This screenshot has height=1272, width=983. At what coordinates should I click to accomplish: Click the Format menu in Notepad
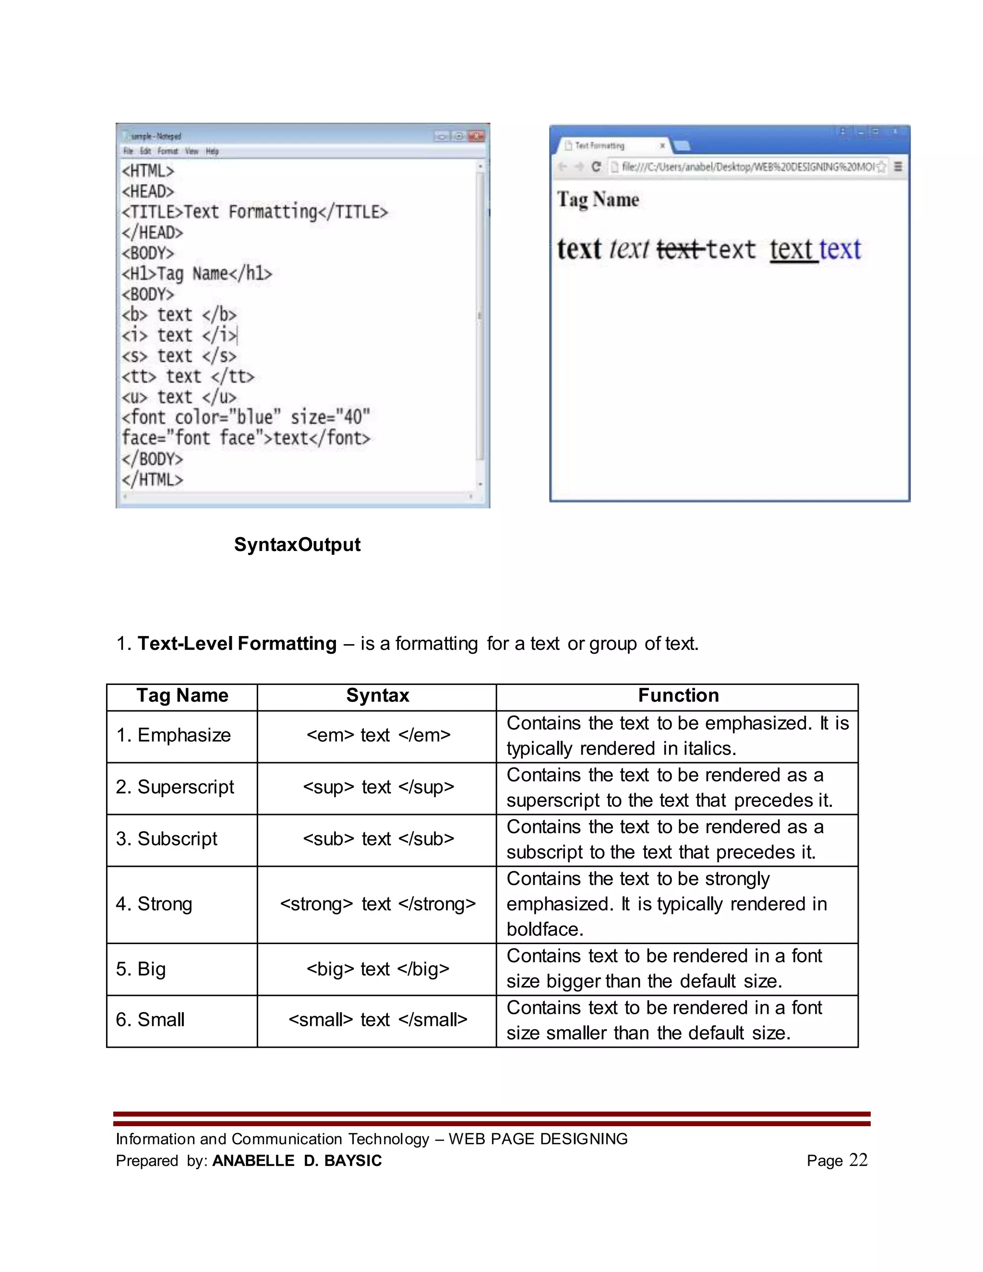[x=167, y=151]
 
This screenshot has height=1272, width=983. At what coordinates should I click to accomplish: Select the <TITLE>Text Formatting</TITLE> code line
[x=254, y=212]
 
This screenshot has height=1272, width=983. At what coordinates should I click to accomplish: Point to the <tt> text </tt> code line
[x=188, y=377]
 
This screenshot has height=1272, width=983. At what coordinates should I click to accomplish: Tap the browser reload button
[x=596, y=167]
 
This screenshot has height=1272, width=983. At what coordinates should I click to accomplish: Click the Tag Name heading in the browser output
[x=598, y=200]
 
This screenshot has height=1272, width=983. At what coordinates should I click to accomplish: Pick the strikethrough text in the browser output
[x=679, y=249]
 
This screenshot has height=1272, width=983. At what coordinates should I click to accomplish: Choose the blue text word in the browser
[x=840, y=249]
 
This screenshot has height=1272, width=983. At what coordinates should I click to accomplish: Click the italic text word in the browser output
[x=629, y=249]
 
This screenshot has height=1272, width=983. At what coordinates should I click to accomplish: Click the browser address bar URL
[x=748, y=167]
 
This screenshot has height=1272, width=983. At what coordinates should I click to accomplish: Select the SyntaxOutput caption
[x=297, y=545]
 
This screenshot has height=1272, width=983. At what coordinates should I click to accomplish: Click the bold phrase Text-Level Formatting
[x=237, y=644]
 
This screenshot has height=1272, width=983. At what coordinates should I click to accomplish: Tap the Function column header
[x=678, y=696]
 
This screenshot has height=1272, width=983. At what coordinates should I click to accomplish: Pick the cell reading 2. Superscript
[x=175, y=787]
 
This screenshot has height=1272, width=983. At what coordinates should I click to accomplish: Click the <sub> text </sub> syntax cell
[x=378, y=839]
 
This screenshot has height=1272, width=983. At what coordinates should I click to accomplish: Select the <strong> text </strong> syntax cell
[x=378, y=904]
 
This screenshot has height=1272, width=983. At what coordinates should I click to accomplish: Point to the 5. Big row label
[x=141, y=969]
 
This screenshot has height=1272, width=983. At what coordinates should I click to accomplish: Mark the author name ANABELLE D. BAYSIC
[x=297, y=1161]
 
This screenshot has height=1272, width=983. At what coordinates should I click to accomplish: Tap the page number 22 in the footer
[x=858, y=1160]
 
